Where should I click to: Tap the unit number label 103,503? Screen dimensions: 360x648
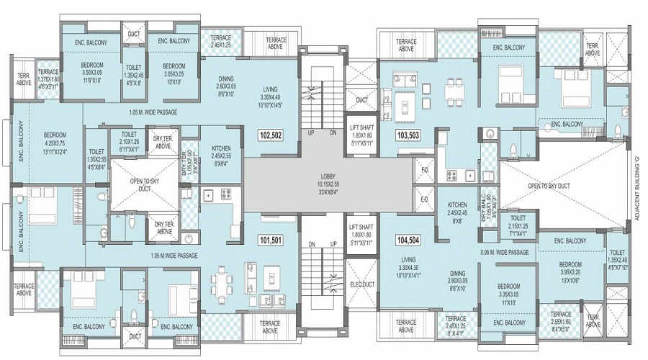click(408, 135)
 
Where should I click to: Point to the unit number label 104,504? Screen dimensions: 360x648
click(408, 240)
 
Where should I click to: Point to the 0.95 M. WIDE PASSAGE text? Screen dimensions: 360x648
click(505, 253)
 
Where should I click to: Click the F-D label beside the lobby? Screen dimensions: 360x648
click(424, 171)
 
